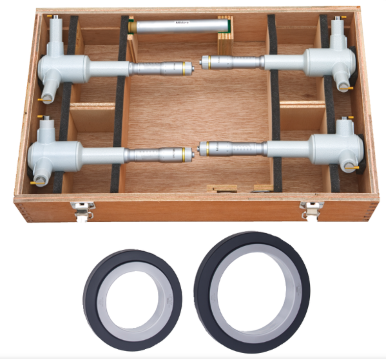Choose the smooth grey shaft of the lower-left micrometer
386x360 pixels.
pos(103,155)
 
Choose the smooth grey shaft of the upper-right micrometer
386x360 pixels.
pos(284,62)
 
